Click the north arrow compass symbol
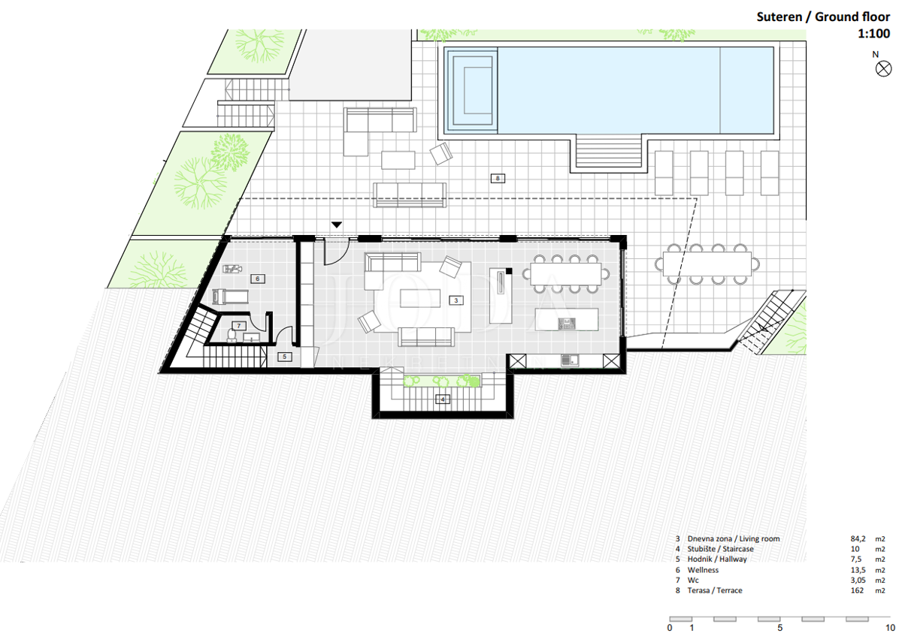pos(883,69)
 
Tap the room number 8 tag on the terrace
pos(498,178)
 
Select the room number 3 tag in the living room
pos(456,300)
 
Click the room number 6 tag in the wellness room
pos(258,279)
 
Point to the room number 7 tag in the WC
pos(239,326)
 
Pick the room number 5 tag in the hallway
pos(285,357)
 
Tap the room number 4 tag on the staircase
pos(443,399)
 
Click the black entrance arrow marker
pos(337,225)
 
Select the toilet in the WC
pos(232,336)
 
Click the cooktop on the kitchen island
pos(567,324)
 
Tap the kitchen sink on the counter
pos(570,360)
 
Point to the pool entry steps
pos(608,151)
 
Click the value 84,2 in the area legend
pos(858,539)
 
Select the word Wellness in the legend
pos(703,570)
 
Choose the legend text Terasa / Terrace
pos(715,590)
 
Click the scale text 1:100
pos(873,33)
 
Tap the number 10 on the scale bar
pos(890,628)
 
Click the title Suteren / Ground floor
pos(823,17)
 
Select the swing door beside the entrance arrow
pos(336,252)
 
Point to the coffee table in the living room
pos(420,298)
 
